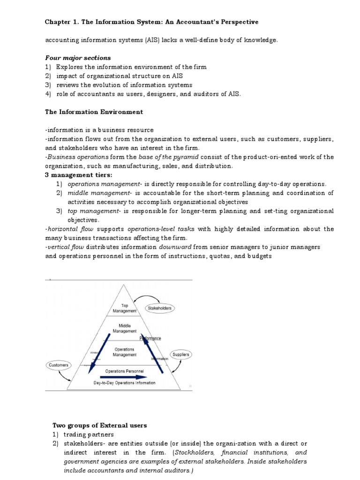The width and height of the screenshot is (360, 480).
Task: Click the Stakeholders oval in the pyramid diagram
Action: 160,308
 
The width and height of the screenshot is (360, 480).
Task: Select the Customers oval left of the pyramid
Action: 59,364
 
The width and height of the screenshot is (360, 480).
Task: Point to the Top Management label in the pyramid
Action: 125,307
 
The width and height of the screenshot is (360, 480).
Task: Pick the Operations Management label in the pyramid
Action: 125,352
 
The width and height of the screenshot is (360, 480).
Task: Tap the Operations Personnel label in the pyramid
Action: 125,371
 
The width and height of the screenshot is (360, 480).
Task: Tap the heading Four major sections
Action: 78,58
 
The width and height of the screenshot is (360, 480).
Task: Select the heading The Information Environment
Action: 94,112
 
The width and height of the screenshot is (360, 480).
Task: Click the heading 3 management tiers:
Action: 79,175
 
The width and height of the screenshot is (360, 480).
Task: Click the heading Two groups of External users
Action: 99,425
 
